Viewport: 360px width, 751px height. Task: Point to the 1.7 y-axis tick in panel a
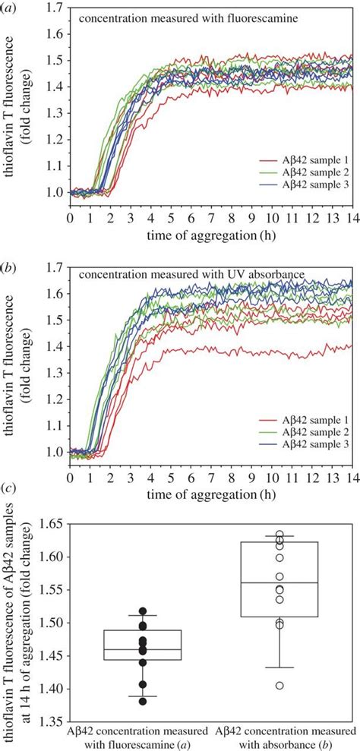pos(58,8)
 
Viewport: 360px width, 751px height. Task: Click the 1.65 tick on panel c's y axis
pos(52,523)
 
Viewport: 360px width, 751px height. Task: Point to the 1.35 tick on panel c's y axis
pos(52,721)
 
